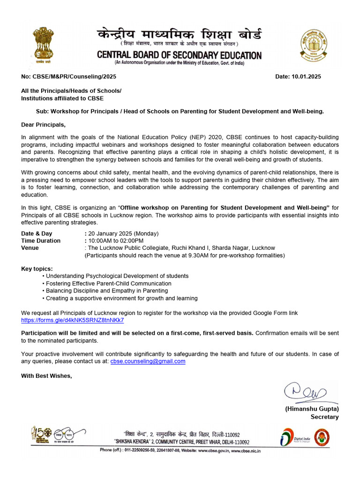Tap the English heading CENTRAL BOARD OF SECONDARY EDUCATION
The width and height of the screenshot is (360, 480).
(179, 55)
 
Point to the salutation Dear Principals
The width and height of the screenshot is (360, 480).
(44, 125)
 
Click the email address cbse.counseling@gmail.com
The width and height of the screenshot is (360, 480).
(148, 361)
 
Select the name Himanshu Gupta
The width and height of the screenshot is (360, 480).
(312, 409)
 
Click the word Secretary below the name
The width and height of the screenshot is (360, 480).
(324, 417)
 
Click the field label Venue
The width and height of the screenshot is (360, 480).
(30, 247)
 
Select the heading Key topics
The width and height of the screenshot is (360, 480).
(37, 268)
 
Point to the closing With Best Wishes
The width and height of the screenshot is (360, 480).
(46, 375)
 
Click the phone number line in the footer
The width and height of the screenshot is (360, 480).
(180, 450)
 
